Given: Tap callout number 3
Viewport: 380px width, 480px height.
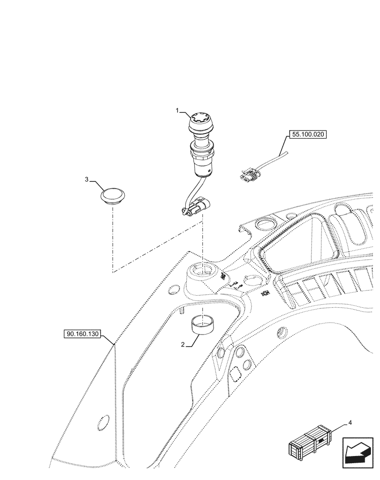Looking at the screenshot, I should (x=87, y=180).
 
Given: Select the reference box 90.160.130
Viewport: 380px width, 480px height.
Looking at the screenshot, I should (x=81, y=334).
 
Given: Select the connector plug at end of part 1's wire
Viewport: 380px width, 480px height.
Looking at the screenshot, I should (x=198, y=210).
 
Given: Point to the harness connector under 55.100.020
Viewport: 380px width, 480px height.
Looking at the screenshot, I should (x=249, y=176).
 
